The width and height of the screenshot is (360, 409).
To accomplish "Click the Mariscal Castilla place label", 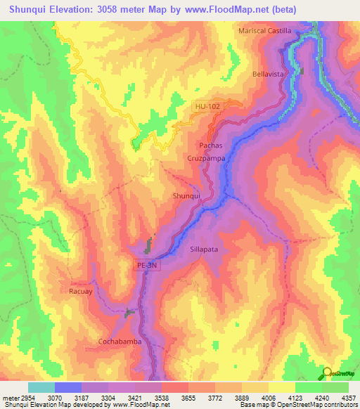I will pos(264,31).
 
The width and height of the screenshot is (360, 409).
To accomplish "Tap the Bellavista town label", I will pos(266,73).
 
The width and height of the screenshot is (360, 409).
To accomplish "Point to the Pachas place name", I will pos(211,145).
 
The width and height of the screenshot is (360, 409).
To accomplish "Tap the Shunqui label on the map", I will pos(187,196).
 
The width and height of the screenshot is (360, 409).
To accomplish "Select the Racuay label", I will pos(81,290).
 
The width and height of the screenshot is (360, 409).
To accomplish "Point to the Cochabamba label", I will pos(120,342).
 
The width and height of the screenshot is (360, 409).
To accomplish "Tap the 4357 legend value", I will pos(348,398).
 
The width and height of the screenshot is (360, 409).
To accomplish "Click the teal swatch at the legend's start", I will pos(41,387).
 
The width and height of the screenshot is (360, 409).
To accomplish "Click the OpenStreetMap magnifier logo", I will pos(328,373).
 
